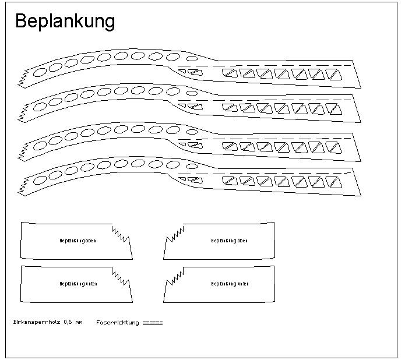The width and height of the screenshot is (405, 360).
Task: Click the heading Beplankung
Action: pyautogui.click(x=65, y=21)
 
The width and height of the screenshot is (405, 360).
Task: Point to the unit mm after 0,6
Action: pyautogui.click(x=79, y=322)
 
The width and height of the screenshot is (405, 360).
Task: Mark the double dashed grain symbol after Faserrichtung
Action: pyautogui.click(x=153, y=322)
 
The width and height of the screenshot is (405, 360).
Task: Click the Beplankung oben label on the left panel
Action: pyautogui.click(x=78, y=241)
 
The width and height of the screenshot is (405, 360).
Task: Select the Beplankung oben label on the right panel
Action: pyautogui.click(x=229, y=241)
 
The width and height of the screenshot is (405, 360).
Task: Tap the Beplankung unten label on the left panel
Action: pyautogui.click(x=78, y=284)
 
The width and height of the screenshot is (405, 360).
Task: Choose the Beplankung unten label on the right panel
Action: pyautogui.click(x=230, y=284)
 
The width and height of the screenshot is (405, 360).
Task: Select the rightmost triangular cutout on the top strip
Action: pyautogui.click(x=333, y=75)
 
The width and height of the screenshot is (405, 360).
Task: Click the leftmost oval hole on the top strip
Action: pyautogui.click(x=41, y=72)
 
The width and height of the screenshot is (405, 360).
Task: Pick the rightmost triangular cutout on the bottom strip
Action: pyautogui.click(x=333, y=182)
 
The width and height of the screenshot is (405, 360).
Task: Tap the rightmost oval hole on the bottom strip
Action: pyautogui.click(x=192, y=166)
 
